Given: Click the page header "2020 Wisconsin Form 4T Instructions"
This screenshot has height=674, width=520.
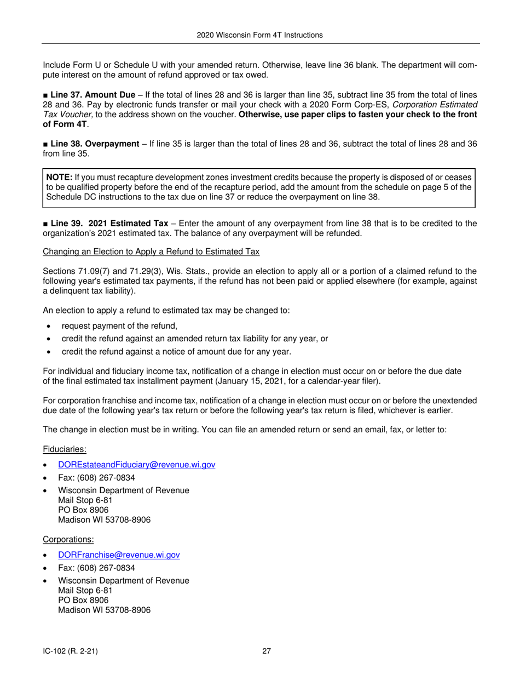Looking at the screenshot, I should click(259, 35).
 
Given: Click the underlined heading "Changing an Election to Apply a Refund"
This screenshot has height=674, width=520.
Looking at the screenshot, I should click(151, 252).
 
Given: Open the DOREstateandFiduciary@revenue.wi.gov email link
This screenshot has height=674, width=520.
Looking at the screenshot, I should click(136, 465).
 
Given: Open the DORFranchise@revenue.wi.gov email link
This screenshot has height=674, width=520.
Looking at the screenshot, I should click(119, 555).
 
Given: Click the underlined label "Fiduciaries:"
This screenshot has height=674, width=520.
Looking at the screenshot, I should click(65, 449).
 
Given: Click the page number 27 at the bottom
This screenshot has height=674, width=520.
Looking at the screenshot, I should click(267, 652).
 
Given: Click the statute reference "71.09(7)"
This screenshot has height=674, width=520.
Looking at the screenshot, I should click(94, 271).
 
